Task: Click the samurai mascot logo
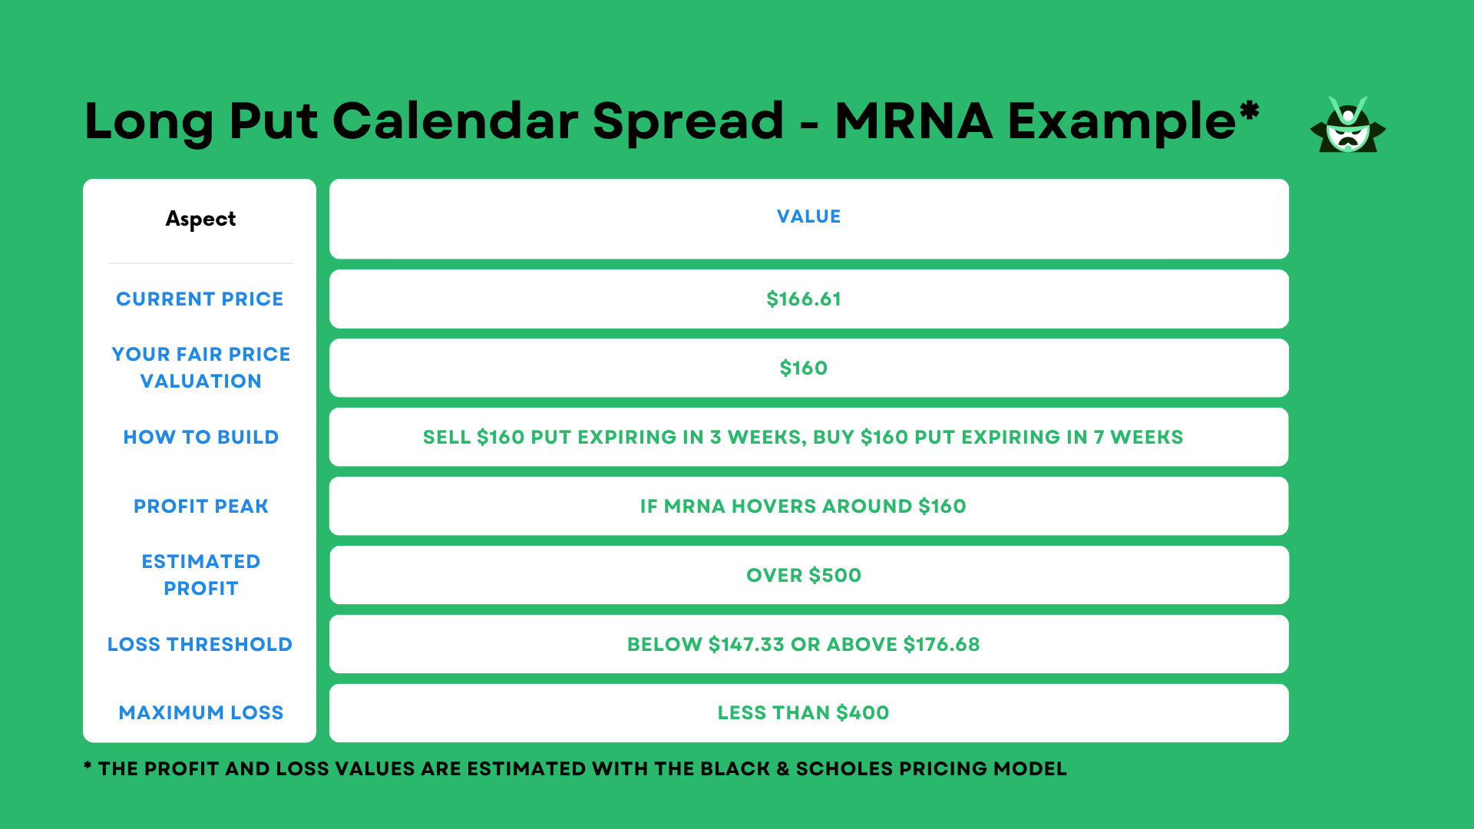[x=1347, y=125]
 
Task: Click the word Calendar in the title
[x=455, y=121]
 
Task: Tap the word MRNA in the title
[x=914, y=121]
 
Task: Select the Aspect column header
[x=200, y=220]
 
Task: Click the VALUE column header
[x=808, y=217]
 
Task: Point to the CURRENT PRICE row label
[x=200, y=299]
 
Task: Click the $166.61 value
[x=804, y=299]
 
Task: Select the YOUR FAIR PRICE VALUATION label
[x=200, y=368]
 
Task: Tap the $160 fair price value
[x=804, y=368]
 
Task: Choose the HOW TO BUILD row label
[x=200, y=438]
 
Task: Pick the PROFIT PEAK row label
[x=200, y=507]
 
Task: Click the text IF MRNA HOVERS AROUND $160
[x=803, y=507]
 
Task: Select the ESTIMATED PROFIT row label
[x=200, y=575]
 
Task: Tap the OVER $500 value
[x=804, y=576]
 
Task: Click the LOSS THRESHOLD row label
[x=200, y=645]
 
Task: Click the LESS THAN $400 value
[x=803, y=713]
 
